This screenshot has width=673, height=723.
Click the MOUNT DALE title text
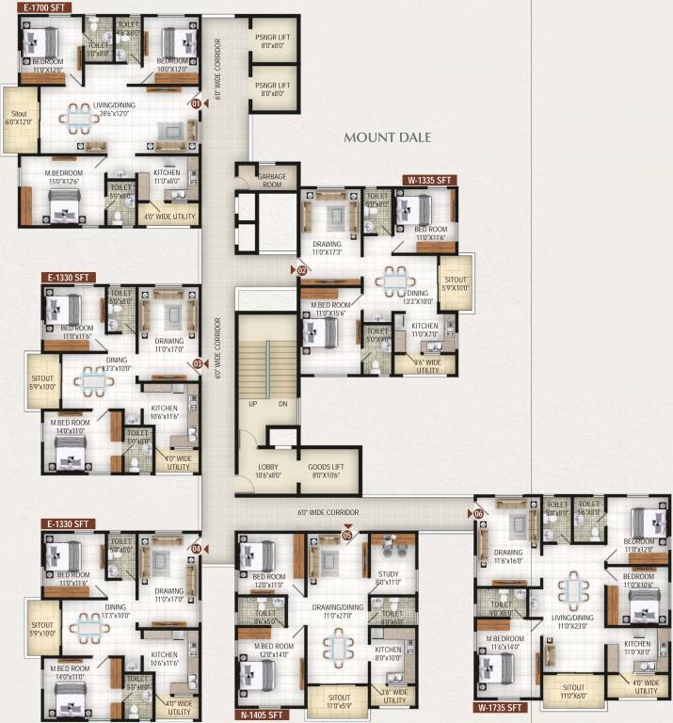[387, 137]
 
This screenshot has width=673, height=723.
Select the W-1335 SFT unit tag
[429, 180]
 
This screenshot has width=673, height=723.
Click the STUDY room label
[388, 575]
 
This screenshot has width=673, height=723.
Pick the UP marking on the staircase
[252, 404]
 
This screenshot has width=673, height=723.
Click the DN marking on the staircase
[282, 404]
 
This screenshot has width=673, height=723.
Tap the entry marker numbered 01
[196, 104]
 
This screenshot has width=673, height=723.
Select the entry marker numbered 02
[301, 270]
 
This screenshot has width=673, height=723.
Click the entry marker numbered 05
[347, 535]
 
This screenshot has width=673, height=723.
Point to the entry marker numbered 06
[478, 514]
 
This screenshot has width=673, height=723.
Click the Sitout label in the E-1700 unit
[19, 118]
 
